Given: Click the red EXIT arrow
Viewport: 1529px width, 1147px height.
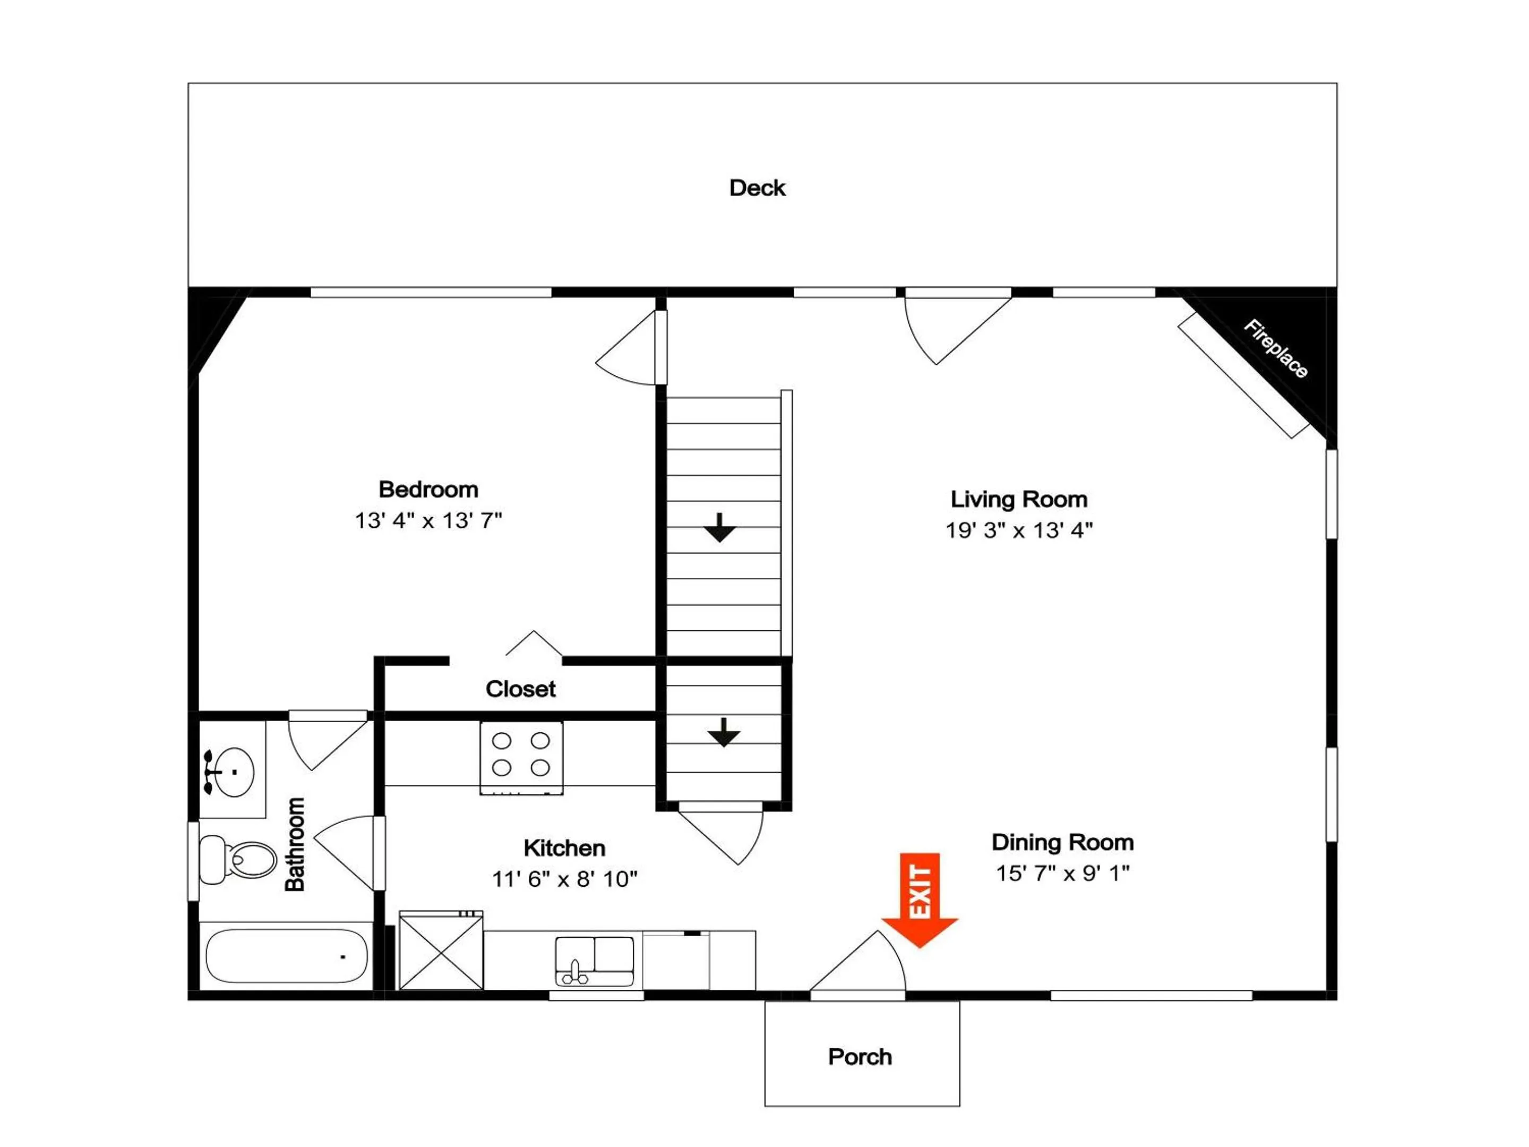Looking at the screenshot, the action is click(920, 900).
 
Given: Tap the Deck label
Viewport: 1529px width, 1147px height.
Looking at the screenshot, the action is click(758, 188).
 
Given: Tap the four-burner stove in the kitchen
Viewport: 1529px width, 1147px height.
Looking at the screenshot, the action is click(521, 757).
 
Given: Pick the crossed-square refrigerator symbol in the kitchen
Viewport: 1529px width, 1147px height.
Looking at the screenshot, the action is click(441, 950).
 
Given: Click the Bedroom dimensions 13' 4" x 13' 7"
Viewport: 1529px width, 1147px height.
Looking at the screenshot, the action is click(428, 520).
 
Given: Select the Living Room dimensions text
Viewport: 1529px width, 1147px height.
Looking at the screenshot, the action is click(1019, 530).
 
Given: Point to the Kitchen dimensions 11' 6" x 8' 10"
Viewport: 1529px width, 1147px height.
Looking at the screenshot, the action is click(565, 879).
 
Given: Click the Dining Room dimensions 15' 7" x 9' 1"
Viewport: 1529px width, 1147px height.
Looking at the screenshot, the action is click(1062, 873).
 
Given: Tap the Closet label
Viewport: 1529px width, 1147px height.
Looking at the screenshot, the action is click(520, 689).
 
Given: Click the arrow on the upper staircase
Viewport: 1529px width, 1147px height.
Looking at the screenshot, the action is click(720, 527).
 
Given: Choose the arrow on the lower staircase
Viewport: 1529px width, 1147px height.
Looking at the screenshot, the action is click(724, 733).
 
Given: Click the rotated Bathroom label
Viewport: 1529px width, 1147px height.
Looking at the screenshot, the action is click(295, 844).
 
